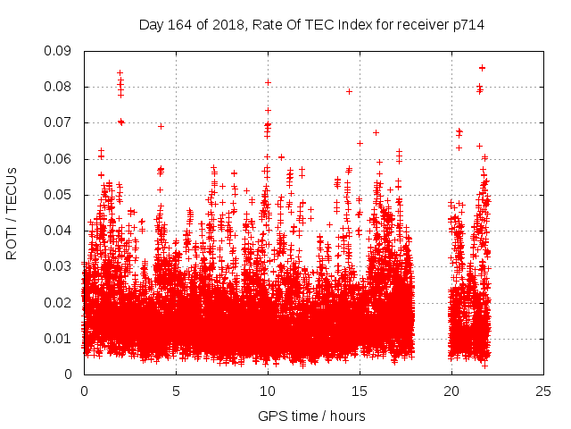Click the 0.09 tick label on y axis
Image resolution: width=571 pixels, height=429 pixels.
[x=61, y=51]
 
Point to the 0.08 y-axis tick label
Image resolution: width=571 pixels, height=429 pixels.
[x=61, y=87]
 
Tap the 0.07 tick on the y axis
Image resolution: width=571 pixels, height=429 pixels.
[x=61, y=122]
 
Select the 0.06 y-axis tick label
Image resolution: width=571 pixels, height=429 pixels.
[x=61, y=159]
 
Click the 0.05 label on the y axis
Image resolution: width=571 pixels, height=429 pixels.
[x=61, y=195]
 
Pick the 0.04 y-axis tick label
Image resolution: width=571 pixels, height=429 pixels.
[x=61, y=231]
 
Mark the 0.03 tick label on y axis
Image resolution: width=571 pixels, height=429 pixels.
[x=61, y=266]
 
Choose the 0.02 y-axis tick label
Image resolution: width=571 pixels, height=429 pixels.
[x=61, y=302]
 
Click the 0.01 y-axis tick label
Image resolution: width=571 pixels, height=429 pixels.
[x=61, y=339]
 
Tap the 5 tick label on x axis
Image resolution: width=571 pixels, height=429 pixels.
[x=176, y=391]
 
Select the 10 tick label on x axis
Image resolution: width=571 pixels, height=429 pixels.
[x=268, y=391]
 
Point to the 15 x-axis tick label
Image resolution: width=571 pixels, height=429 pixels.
[x=360, y=391]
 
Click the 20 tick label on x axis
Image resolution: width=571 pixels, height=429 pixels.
[x=451, y=391]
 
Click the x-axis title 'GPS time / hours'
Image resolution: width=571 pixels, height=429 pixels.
[x=312, y=416]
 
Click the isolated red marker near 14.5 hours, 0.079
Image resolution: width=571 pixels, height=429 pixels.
[x=349, y=91]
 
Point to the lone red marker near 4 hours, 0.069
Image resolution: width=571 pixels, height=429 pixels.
[x=161, y=126]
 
